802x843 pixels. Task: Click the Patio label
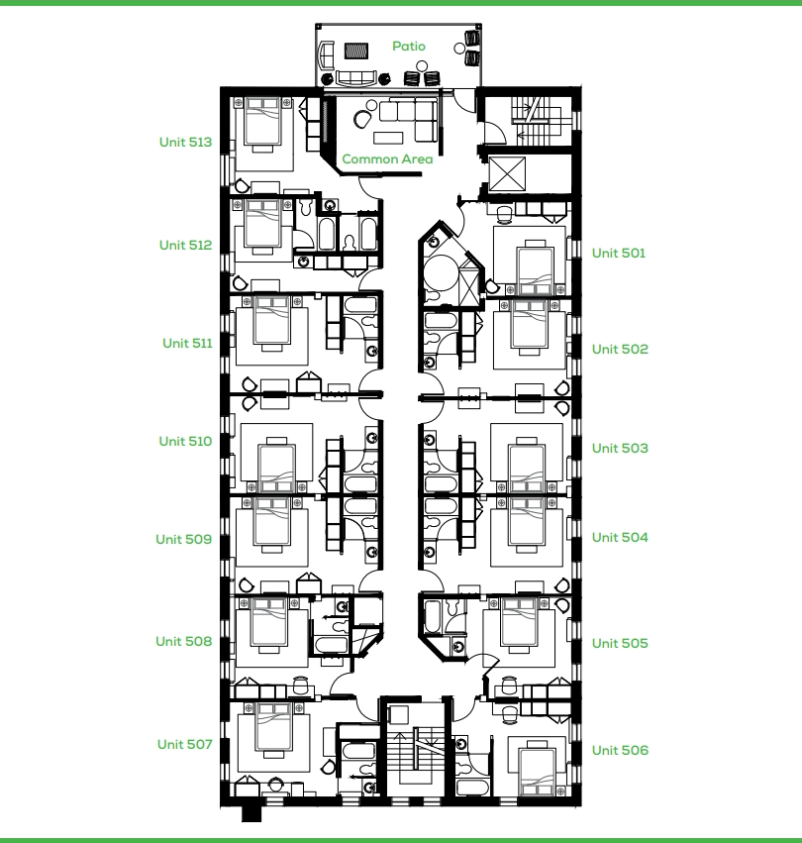click(409, 47)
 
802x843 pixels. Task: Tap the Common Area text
click(387, 159)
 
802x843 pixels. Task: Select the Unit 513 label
click(185, 142)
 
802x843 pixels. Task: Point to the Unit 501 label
click(619, 254)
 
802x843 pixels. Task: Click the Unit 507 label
click(185, 744)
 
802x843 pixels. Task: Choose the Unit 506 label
click(621, 750)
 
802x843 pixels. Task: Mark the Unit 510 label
click(185, 442)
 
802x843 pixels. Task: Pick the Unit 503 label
click(621, 449)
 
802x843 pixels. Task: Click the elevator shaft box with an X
click(507, 173)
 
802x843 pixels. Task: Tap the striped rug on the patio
click(355, 52)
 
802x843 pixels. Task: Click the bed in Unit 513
click(262, 122)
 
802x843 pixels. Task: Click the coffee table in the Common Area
click(388, 138)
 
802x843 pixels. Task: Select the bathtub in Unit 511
click(360, 306)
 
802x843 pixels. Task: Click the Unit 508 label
click(184, 641)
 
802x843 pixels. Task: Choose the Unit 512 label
click(185, 245)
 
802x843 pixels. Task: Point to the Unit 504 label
click(621, 538)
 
